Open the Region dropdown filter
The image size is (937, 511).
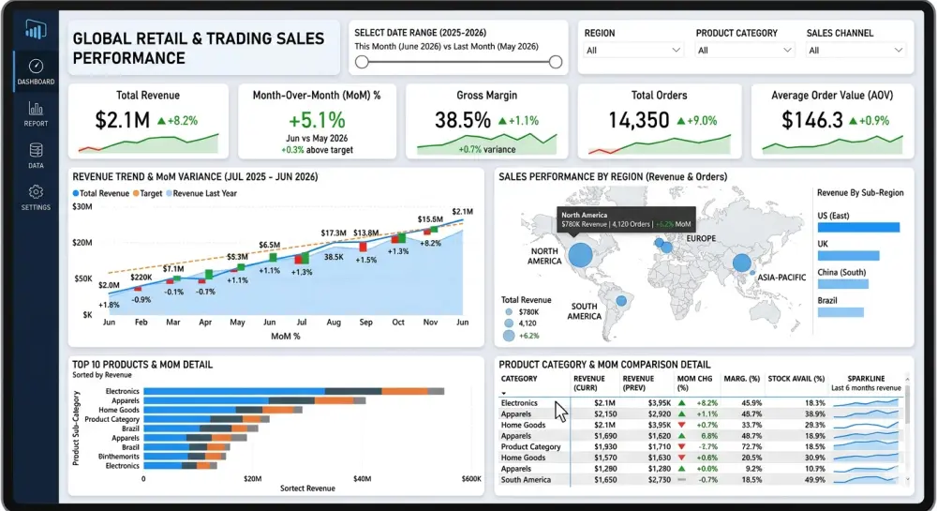634,50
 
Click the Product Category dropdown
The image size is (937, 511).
745,50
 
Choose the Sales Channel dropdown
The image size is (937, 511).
855,50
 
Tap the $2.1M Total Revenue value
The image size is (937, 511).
122,120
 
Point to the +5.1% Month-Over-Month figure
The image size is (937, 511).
317,120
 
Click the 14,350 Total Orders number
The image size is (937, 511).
638,120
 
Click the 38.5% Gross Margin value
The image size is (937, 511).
462,120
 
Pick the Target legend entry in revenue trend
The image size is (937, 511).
150,192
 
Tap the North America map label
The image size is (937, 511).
544,256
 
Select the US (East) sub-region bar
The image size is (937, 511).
857,227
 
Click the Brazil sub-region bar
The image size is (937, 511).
840,312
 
